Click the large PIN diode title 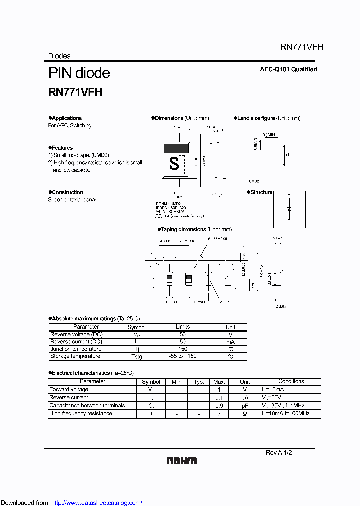pos(79,73)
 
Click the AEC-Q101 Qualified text pos(288,69)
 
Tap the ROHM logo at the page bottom pos(181,461)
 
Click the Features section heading pos(62,148)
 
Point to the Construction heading pos(67,192)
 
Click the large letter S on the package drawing pos(174,163)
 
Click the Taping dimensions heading pos(183,229)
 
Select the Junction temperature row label pos(75,349)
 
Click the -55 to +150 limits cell pos(182,356)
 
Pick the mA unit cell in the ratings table pos(230,342)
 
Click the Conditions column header pos(291,381)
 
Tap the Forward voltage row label pos(69,389)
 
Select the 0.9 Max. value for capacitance pos(218,405)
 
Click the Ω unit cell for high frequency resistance pos(244,413)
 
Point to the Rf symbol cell pos(151,413)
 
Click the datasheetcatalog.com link pos(97,502)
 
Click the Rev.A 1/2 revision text pos(278,452)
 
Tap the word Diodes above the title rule pos(59,56)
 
